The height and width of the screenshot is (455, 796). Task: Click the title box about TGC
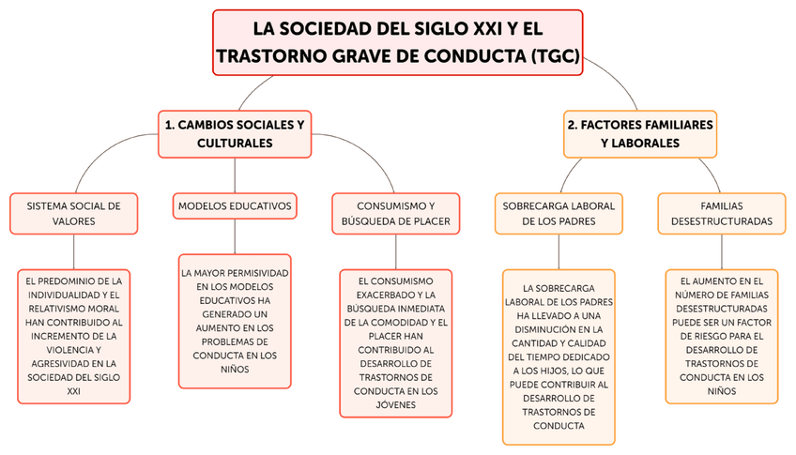[x=397, y=42]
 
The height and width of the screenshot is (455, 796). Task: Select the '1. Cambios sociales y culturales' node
[x=235, y=133]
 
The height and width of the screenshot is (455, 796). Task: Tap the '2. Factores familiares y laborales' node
[x=639, y=133]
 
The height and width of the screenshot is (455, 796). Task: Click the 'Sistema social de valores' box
[x=73, y=213]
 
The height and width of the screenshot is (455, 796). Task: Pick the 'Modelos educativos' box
[x=235, y=205]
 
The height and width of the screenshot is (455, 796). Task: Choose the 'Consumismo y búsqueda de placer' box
[x=395, y=213]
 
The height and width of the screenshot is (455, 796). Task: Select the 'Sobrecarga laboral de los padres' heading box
[x=559, y=213]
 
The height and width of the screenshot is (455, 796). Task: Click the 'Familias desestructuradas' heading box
[x=722, y=213]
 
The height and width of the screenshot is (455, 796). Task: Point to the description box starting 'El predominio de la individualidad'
[x=73, y=336]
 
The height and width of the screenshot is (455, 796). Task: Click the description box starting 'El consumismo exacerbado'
[x=395, y=342]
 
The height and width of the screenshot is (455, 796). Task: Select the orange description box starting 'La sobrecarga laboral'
[x=559, y=356]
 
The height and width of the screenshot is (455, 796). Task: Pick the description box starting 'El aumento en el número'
[x=722, y=336]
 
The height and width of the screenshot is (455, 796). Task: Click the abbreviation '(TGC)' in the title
[x=554, y=56]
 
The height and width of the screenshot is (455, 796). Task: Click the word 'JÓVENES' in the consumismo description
[x=395, y=405]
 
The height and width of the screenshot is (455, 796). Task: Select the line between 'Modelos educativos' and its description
[x=235, y=236]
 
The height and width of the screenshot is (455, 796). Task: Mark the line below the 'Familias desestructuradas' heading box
[x=722, y=251]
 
